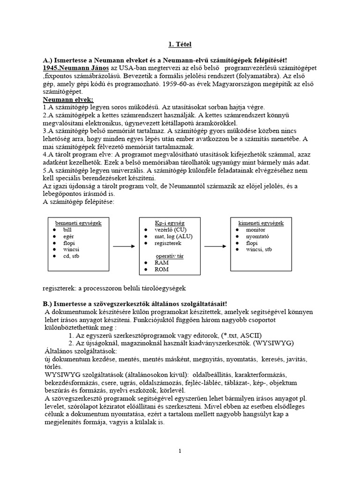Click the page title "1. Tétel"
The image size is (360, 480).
tap(180, 45)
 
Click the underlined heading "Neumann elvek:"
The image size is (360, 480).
tap(68, 100)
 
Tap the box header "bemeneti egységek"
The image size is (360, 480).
tap(78, 223)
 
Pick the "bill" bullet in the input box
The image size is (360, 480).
tap(68, 230)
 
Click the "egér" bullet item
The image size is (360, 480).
tap(69, 237)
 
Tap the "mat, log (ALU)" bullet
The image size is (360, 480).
tap(174, 237)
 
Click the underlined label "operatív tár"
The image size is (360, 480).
tap(169, 256)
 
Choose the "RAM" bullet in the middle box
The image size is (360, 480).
tap(161, 263)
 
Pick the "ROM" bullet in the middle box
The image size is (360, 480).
tap(162, 270)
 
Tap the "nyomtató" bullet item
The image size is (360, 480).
tap(257, 237)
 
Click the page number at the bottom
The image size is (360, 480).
tap(180, 451)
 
